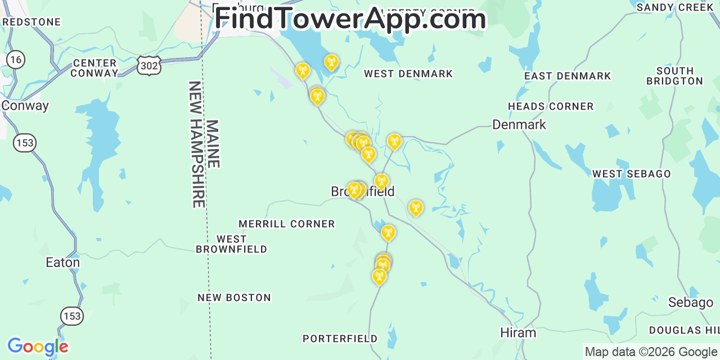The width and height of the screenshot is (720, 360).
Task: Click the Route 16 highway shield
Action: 16,60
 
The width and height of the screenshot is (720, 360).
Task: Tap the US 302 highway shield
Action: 149,66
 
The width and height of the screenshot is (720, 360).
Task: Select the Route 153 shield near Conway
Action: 25,143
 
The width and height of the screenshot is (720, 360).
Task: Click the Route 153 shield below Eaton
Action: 72,316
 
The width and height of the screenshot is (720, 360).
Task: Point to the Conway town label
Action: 25,106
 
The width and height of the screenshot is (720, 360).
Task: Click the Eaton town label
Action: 62,263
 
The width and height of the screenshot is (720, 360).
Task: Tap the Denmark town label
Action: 519,124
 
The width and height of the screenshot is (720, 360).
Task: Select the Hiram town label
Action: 518,333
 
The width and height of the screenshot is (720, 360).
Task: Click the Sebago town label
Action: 690,303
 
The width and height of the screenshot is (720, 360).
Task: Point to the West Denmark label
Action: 408,74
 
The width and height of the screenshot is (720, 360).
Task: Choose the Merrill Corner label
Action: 286,224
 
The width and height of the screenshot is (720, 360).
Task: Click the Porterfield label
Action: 340,339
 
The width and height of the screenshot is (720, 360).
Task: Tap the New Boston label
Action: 234,298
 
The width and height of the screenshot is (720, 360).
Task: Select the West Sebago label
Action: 631,174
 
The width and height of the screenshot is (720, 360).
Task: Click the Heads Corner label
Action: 551,106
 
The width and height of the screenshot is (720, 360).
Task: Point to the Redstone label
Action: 31,22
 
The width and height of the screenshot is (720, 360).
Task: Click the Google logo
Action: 37,346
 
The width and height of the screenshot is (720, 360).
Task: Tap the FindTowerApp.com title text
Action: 350,19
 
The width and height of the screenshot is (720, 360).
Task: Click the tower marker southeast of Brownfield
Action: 416,208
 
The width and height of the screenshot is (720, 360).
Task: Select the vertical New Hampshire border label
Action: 197,145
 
